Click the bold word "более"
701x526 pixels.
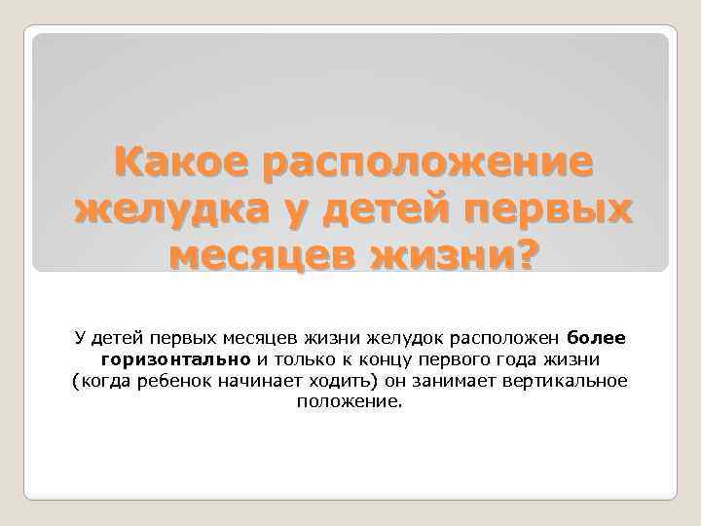tap(596, 338)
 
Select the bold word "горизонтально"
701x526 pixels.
tap(176, 358)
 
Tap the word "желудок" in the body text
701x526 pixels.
tap(400, 338)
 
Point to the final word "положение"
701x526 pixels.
tap(348, 400)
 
